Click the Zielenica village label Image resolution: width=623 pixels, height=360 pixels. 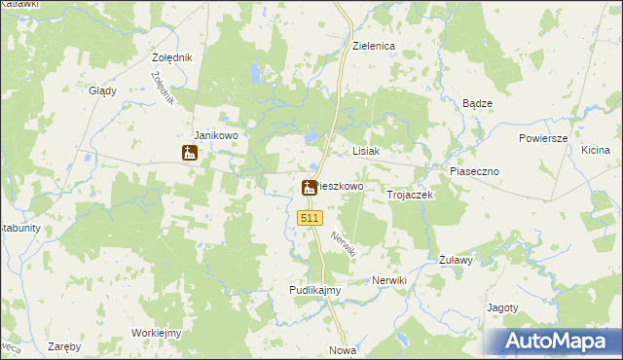point(372,46)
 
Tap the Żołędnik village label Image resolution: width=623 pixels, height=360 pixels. point(172,57)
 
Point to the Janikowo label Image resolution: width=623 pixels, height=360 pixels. point(216,135)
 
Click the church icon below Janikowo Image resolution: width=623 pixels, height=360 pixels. point(189,153)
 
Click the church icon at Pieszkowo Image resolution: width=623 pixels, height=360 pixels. point(310,188)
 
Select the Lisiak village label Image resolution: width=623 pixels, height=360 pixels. point(365,152)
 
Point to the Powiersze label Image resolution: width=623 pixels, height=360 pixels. point(542,138)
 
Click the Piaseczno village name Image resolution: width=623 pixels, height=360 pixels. point(474,171)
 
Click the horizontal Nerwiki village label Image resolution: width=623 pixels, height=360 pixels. point(388,280)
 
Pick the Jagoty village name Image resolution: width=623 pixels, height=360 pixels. point(501,307)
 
